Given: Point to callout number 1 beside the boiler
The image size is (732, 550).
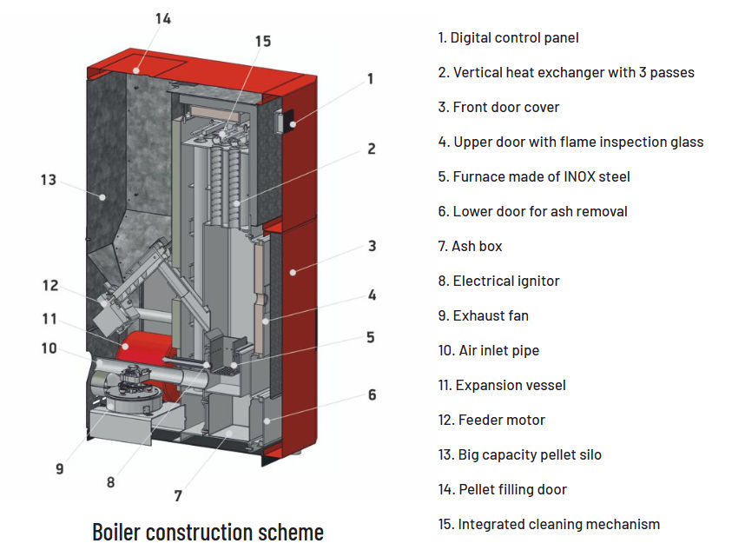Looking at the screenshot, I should (371, 79).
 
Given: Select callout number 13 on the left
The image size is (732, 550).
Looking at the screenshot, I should (48, 180).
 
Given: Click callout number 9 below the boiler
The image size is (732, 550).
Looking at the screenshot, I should (60, 468).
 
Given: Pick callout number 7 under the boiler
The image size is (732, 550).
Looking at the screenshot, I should (178, 496).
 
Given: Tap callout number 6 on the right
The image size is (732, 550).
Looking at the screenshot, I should (372, 395).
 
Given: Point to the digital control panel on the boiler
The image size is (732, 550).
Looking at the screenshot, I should (283, 123).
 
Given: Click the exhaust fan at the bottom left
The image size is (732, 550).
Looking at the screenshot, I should (130, 391).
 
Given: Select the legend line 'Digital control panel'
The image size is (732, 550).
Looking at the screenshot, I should (508, 37).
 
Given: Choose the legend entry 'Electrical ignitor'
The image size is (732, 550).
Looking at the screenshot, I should (498, 281).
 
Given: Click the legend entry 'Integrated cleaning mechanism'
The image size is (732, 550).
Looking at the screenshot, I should (549, 524).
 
